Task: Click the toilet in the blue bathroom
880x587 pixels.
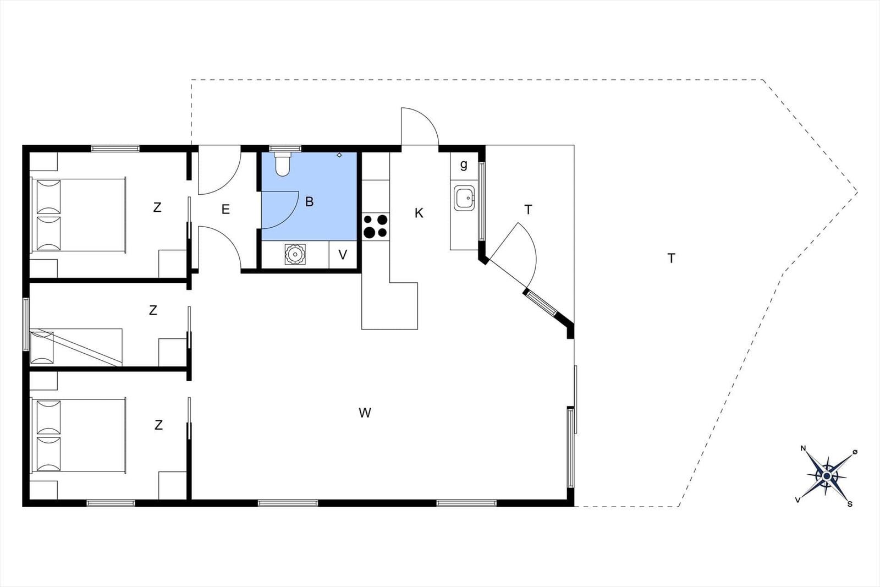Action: coord(283,164)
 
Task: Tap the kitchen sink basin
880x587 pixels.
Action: coord(464,198)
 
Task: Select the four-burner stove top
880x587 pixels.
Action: coord(375,226)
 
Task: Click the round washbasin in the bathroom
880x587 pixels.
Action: coord(295,254)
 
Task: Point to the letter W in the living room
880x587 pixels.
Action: coord(365,413)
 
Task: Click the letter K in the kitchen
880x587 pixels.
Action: coord(419,213)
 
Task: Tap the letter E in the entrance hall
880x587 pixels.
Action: coord(226,209)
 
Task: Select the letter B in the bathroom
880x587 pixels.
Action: coord(309,201)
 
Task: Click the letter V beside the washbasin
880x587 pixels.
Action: coord(343,255)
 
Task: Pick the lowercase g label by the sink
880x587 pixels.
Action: coord(464,165)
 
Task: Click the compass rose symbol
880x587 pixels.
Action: coord(827,476)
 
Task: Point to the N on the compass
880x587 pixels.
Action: coord(804,448)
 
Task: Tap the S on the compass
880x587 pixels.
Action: coord(850,504)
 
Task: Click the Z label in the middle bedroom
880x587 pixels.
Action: coord(153,310)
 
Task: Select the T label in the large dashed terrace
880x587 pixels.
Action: coord(671,259)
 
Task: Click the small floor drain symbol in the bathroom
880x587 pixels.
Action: coord(339,155)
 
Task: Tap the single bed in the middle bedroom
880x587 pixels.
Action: coord(76,347)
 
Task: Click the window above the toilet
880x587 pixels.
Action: coord(285,149)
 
